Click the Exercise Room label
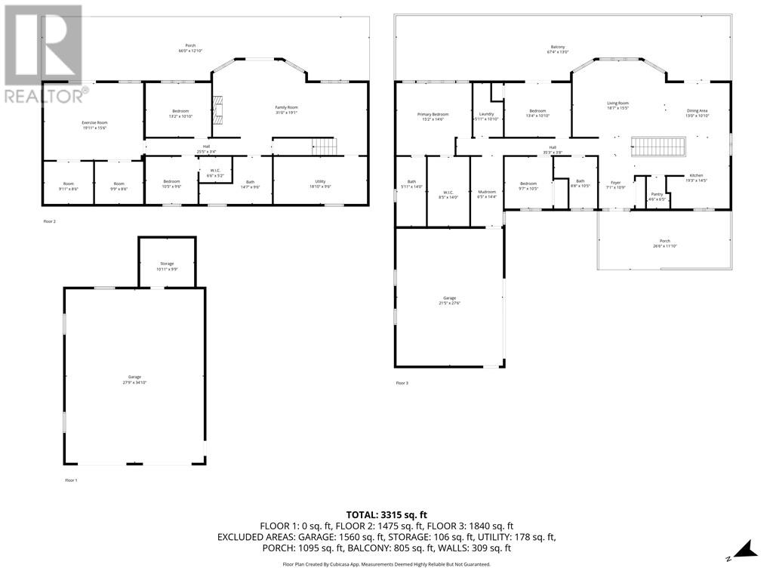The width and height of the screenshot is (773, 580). point(94,125)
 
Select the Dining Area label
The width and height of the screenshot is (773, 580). point(697,113)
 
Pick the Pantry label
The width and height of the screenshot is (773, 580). point(657,196)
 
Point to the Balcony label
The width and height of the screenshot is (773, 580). point(558,49)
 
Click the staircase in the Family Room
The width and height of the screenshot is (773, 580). point(323,146)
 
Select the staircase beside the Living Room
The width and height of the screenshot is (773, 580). point(658,147)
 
